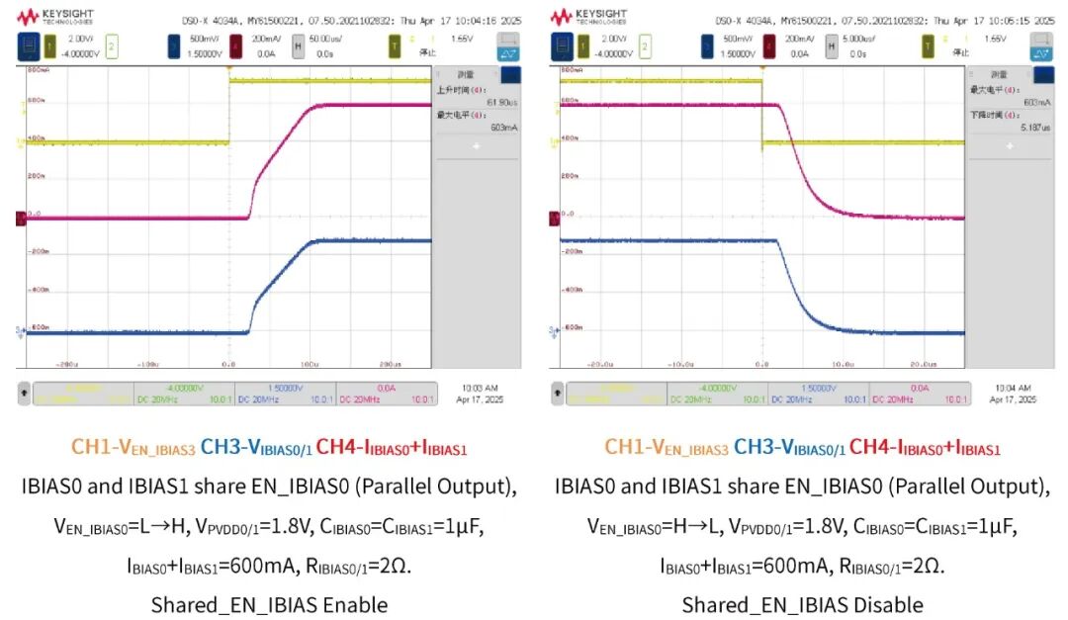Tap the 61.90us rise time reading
(x=477, y=102)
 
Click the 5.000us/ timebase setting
(x=854, y=40)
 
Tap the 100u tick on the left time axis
(x=310, y=364)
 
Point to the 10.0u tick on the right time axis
(x=843, y=364)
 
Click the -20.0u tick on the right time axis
(x=600, y=364)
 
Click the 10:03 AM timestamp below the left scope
(x=480, y=388)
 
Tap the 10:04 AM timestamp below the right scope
(x=1013, y=388)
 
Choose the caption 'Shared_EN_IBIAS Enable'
(x=269, y=604)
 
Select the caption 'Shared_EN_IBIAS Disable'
(x=802, y=604)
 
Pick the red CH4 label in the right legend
(x=925, y=449)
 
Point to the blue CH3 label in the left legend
(x=256, y=449)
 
